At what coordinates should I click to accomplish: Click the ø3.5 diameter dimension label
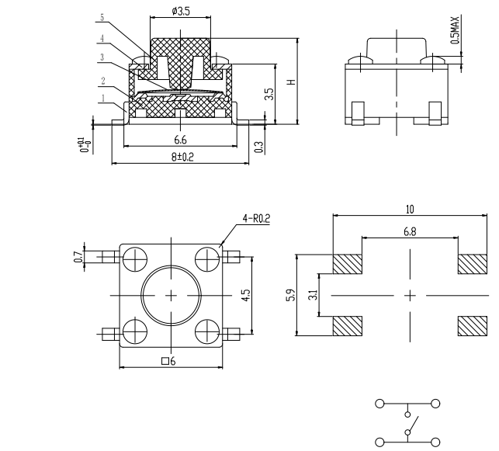pyautogui.click(x=181, y=12)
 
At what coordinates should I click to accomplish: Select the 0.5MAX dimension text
pyautogui.click(x=456, y=30)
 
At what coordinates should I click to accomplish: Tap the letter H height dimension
pyautogui.click(x=292, y=82)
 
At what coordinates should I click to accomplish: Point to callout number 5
pyautogui.click(x=102, y=17)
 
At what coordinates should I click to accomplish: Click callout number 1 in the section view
pyautogui.click(x=103, y=99)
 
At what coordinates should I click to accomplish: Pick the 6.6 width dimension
pyautogui.click(x=180, y=140)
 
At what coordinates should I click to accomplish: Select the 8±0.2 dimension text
pyautogui.click(x=182, y=157)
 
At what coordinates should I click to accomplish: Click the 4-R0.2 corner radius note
pyautogui.click(x=256, y=218)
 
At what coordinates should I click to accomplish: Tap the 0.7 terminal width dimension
pyautogui.click(x=78, y=257)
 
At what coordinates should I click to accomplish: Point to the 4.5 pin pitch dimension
pyautogui.click(x=246, y=295)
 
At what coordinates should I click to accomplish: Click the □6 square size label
pyautogui.click(x=168, y=361)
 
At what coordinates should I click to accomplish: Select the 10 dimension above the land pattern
pyautogui.click(x=410, y=209)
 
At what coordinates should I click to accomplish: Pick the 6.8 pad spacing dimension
pyautogui.click(x=410, y=231)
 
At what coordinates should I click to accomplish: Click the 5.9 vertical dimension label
pyautogui.click(x=291, y=295)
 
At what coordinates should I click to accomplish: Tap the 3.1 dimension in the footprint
pyautogui.click(x=314, y=295)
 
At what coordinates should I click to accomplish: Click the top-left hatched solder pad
pyautogui.click(x=348, y=264)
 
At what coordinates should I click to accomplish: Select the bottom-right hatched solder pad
pyautogui.click(x=473, y=326)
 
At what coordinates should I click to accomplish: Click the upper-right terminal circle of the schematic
pyautogui.click(x=435, y=404)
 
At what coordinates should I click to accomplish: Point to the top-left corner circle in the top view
pyautogui.click(x=135, y=259)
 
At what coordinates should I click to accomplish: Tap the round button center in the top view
pyautogui.click(x=172, y=296)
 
